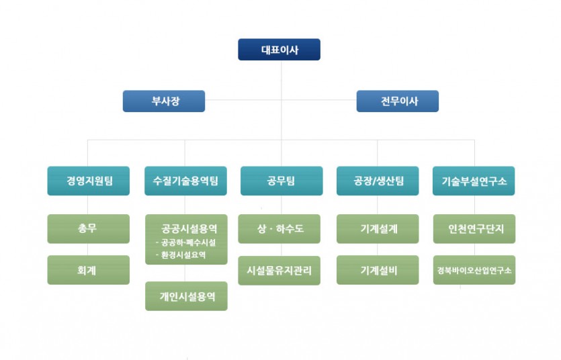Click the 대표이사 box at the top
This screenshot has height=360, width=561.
tap(279, 50)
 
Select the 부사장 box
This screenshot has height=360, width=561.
tap(164, 101)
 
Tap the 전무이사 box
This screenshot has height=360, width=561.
tap(397, 101)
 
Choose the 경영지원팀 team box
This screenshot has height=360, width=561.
tap(88, 181)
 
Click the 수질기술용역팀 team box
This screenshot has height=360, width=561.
tap(185, 181)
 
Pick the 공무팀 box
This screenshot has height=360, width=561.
tap(281, 181)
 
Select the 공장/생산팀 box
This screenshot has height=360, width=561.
tap(377, 181)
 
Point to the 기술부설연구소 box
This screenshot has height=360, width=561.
tap(474, 181)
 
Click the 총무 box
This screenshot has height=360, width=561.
tap(88, 228)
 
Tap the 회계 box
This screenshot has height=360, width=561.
tap(88, 269)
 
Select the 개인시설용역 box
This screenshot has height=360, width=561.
tap(186, 296)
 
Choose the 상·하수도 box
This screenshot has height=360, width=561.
tap(281, 228)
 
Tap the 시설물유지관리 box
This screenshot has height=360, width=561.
tap(281, 270)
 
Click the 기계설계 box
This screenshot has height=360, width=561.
tap(377, 228)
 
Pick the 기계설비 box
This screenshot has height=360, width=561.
tap(377, 269)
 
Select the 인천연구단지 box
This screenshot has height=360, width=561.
tap(474, 228)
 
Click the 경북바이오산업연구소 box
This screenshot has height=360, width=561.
tap(474, 270)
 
